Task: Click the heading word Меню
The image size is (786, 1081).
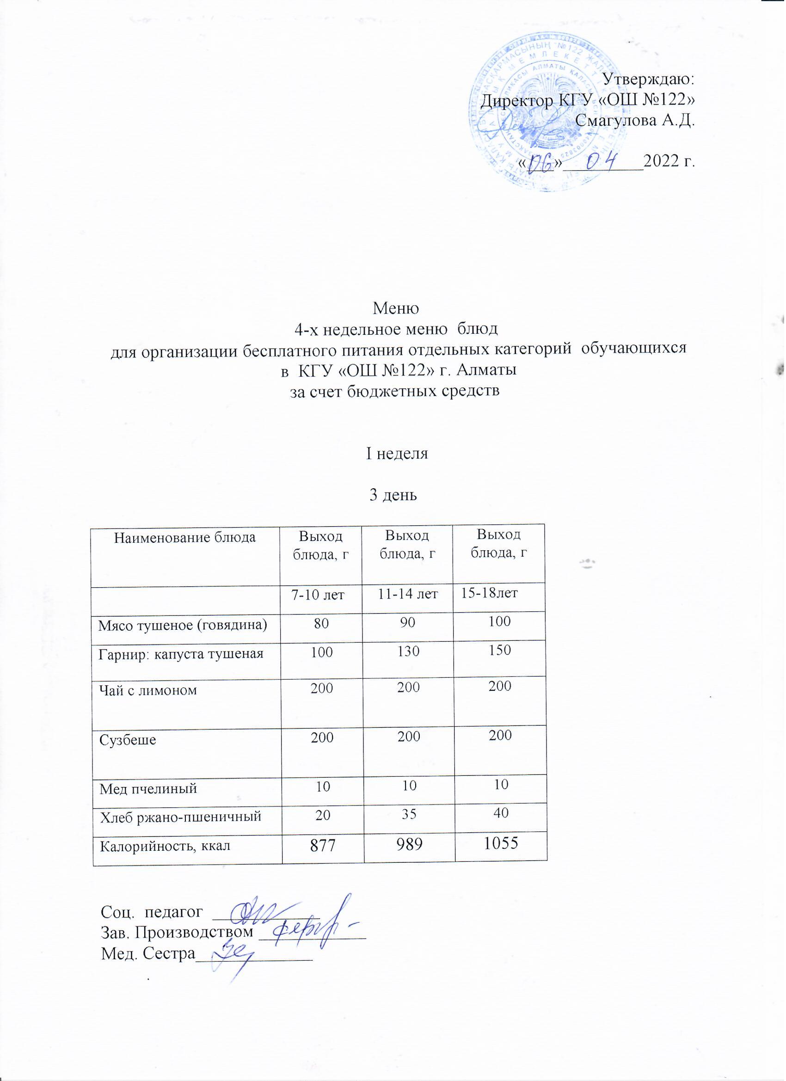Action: (x=395, y=308)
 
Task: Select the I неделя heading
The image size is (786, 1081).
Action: (x=397, y=454)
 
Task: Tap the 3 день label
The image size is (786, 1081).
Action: (x=394, y=495)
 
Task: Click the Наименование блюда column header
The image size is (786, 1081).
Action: (x=185, y=538)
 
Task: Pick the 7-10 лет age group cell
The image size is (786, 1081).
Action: (x=320, y=596)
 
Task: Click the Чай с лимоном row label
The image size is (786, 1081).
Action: (x=148, y=690)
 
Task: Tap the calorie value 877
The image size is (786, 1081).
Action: (x=322, y=846)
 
